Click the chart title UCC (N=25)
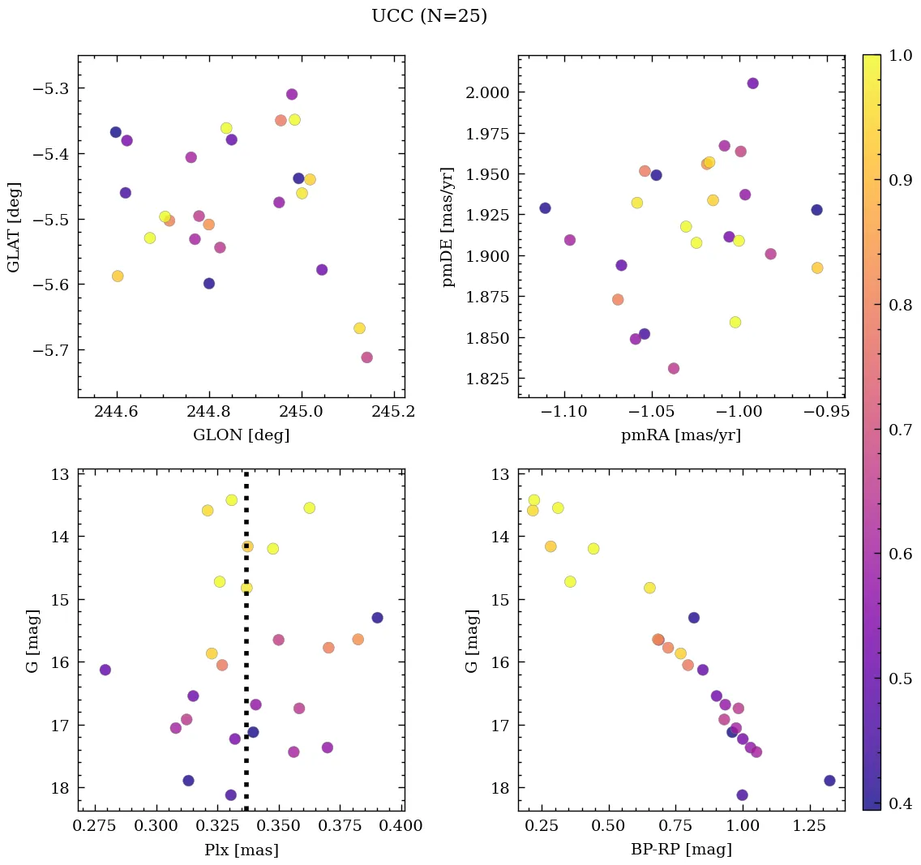(429, 16)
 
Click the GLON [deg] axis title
(241, 435)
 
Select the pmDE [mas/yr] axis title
(448, 227)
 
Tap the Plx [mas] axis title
(241, 850)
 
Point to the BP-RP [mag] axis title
(681, 850)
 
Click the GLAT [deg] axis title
(14, 227)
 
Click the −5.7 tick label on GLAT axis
(50, 350)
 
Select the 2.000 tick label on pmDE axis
(486, 92)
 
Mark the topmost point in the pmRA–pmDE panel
(752, 84)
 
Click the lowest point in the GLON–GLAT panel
(366, 358)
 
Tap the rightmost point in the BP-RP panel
(829, 781)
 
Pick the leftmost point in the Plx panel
(105, 670)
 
